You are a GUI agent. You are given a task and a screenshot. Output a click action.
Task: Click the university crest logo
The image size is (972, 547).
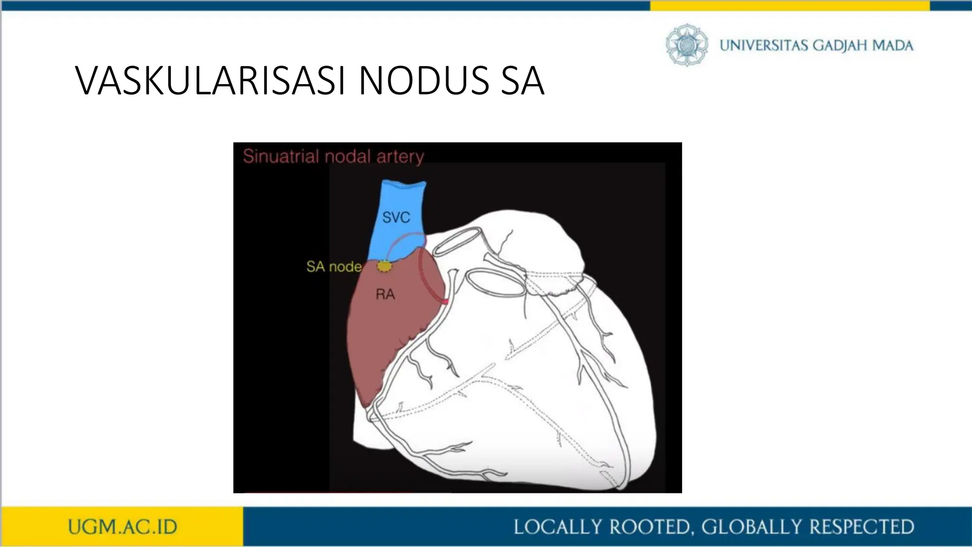687,45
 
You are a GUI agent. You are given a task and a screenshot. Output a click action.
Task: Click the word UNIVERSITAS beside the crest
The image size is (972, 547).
764,46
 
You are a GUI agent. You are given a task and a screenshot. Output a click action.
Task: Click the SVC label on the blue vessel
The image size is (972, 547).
396,217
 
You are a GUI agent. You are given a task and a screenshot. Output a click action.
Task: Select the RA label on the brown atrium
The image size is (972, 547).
385,294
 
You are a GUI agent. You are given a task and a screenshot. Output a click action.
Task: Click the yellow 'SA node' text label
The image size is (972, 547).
334,266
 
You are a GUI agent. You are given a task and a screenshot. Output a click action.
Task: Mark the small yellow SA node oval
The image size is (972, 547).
384,267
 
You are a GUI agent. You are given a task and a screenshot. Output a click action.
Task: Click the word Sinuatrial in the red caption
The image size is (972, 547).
280,156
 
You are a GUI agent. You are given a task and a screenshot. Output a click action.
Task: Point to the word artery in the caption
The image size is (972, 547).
400,156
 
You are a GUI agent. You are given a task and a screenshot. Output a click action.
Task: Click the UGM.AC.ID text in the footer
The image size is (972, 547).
122,527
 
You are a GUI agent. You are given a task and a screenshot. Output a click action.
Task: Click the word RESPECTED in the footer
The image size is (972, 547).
861,527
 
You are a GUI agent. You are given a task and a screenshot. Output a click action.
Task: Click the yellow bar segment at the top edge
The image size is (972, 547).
789,6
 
